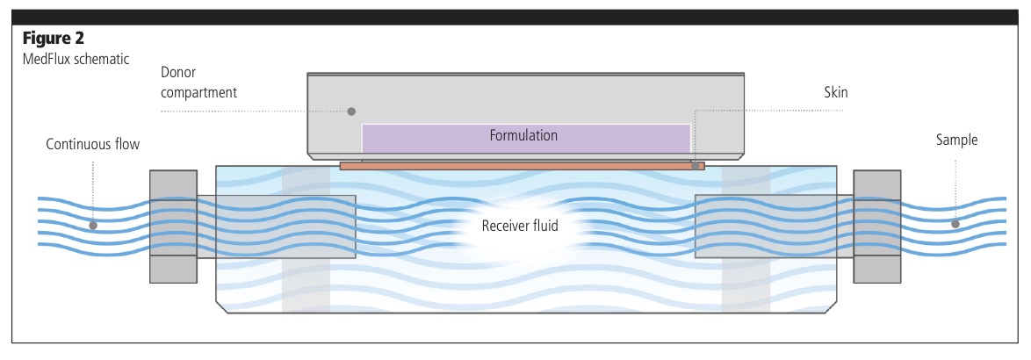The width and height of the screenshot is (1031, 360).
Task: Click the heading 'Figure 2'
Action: tap(52, 39)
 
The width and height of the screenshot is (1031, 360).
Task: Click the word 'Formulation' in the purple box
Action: tap(523, 135)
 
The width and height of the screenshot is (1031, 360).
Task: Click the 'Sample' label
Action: tap(955, 140)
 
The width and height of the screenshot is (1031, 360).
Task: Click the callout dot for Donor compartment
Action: tap(351, 112)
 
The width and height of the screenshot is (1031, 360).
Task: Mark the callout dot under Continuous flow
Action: tap(93, 226)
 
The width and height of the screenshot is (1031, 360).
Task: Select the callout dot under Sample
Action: tap(955, 226)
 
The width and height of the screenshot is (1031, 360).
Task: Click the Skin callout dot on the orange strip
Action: tap(695, 165)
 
